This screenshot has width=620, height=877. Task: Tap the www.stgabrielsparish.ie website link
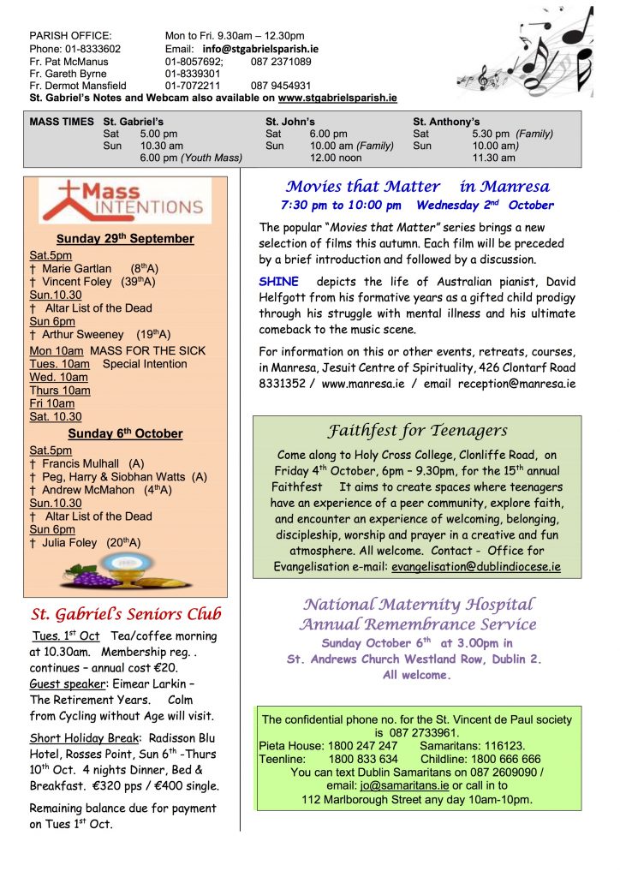(x=337, y=98)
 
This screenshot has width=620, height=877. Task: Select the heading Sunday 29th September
(x=125, y=238)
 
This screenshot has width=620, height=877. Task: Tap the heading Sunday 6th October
(x=125, y=433)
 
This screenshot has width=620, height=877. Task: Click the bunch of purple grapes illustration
(x=95, y=576)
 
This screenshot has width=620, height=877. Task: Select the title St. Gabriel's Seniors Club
(x=126, y=613)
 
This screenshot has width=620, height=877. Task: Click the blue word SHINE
(x=278, y=282)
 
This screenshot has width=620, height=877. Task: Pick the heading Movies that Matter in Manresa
(x=418, y=186)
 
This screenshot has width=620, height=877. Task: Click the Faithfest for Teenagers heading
(x=418, y=431)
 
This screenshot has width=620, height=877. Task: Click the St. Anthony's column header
(x=446, y=122)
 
